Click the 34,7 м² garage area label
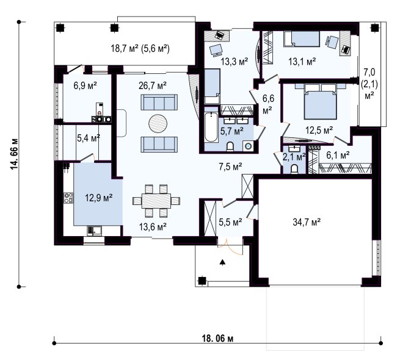point(307,222)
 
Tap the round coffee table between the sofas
point(158,123)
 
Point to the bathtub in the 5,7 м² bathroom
point(211,127)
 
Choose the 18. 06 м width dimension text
point(217,339)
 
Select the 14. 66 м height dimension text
point(15,154)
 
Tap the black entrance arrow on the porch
point(223,262)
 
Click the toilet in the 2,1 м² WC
point(294,169)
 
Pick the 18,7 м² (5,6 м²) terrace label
point(140,48)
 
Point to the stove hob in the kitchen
point(68,198)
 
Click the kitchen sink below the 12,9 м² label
point(95,231)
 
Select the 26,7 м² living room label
point(153,85)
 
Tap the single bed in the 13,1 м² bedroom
point(302,39)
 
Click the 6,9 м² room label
point(85,85)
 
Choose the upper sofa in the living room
point(159,103)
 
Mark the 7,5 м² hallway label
point(230,167)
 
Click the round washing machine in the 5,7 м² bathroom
point(248,146)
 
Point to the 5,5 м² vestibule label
point(230,222)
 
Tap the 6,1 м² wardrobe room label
point(338,154)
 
